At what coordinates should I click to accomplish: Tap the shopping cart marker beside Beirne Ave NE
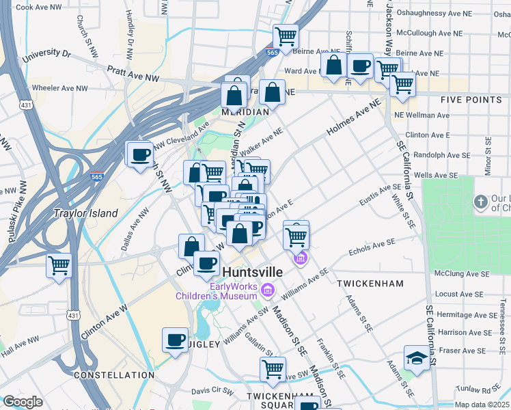(286, 36)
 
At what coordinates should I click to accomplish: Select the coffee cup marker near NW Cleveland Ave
(140, 153)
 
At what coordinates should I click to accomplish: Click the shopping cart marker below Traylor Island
(59, 264)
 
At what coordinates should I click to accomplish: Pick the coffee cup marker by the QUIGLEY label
(176, 340)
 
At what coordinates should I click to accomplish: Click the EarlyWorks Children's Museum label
(216, 291)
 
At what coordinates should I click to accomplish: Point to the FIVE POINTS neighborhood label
(471, 100)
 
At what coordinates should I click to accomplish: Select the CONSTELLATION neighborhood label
(114, 375)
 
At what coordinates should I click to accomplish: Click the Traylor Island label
(86, 213)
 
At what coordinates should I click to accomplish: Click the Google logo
(23, 401)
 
